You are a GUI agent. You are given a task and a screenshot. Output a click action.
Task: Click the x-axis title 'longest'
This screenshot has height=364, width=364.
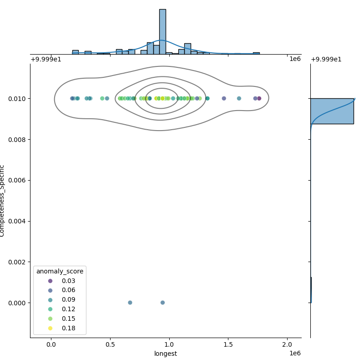point(166,354)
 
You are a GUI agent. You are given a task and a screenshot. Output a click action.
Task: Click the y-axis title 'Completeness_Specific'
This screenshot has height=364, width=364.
point(2,201)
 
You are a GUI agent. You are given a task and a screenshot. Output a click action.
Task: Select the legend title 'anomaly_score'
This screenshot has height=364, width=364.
point(60,271)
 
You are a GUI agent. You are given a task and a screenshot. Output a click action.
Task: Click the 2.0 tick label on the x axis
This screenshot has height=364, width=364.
point(287,344)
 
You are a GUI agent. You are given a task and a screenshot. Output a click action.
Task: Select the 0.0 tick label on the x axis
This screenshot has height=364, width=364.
point(51,344)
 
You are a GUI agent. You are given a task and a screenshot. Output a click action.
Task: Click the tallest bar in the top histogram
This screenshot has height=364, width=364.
point(162,32)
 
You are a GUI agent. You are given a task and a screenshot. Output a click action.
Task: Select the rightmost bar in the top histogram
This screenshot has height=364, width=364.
point(256,53)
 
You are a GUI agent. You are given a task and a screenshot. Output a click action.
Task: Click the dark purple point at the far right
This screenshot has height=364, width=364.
point(259,98)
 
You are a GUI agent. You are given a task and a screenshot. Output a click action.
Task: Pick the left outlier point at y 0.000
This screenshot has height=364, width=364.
point(130,303)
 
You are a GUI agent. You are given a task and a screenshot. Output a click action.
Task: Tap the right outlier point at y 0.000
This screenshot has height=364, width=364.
point(162,303)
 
